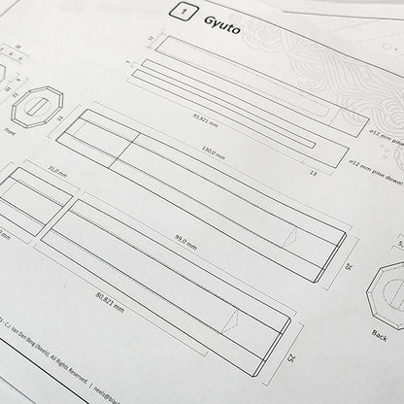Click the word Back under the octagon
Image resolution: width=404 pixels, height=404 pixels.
380,333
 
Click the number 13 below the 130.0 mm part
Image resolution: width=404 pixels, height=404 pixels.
313,172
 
